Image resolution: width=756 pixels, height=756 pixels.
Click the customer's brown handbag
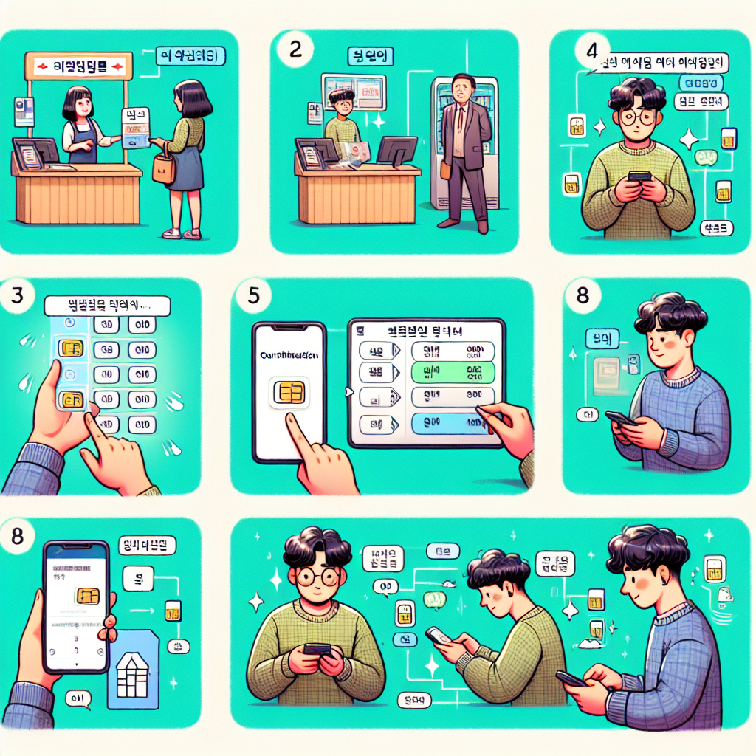coord(163,169)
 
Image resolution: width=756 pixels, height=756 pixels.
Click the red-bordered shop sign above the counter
coord(78,66)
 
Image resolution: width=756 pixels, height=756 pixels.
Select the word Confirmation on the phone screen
coord(289,355)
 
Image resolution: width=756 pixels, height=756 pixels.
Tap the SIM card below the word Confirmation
coord(289,392)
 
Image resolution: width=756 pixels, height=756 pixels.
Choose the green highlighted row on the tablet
coord(452,372)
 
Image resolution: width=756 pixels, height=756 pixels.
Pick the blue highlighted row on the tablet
coord(452,423)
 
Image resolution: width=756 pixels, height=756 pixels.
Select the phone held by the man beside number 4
coord(638,178)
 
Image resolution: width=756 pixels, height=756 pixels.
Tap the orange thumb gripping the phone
coord(109,627)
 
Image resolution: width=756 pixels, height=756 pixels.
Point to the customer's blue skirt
coord(187,169)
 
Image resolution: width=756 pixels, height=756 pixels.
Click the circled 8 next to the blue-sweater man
coord(580,295)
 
